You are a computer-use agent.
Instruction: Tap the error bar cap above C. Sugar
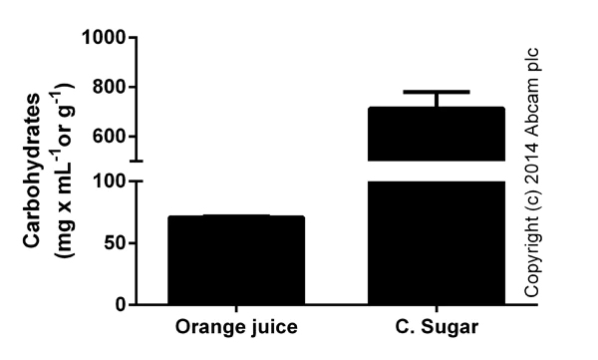pyautogui.click(x=437, y=92)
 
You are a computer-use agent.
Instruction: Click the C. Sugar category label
pyautogui.click(x=437, y=327)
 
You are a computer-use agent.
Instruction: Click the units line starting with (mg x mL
pyautogui.click(x=62, y=170)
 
